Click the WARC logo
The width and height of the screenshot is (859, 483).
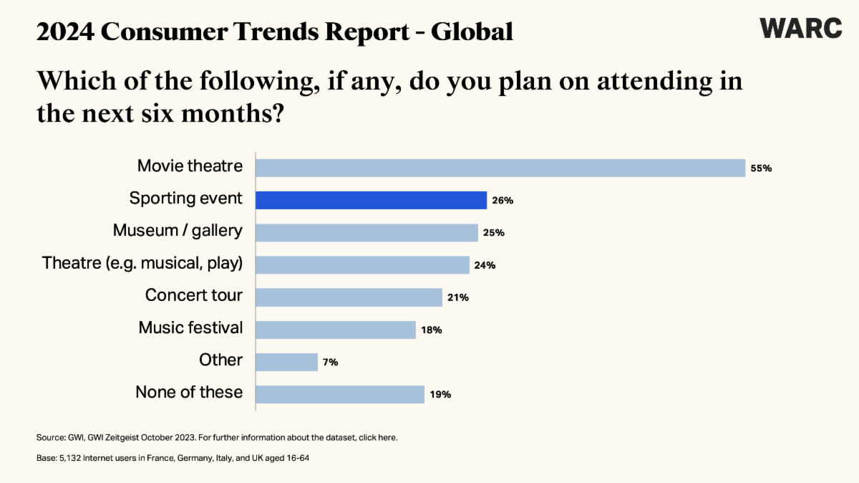pos(801,28)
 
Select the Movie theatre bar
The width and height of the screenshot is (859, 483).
pos(500,168)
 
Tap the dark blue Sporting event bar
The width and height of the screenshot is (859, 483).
pos(371,200)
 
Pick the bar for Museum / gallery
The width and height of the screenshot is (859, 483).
pos(367,232)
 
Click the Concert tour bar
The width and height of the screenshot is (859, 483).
pos(349,297)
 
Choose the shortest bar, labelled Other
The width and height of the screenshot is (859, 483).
pos(286,362)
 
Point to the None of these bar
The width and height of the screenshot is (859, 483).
pos(340,394)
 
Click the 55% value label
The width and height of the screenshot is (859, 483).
pos(760,168)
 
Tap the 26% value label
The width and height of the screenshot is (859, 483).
pos(503,201)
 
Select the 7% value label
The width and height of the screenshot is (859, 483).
pos(330,363)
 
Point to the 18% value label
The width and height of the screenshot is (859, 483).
pos(432,330)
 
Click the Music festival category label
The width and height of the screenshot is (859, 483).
pos(190,328)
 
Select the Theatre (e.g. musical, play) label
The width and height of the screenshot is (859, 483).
pos(142,264)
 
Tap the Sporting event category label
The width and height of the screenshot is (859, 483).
pos(186,199)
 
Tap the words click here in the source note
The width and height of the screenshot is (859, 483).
pos(376,437)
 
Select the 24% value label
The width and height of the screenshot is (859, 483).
pos(485,266)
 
